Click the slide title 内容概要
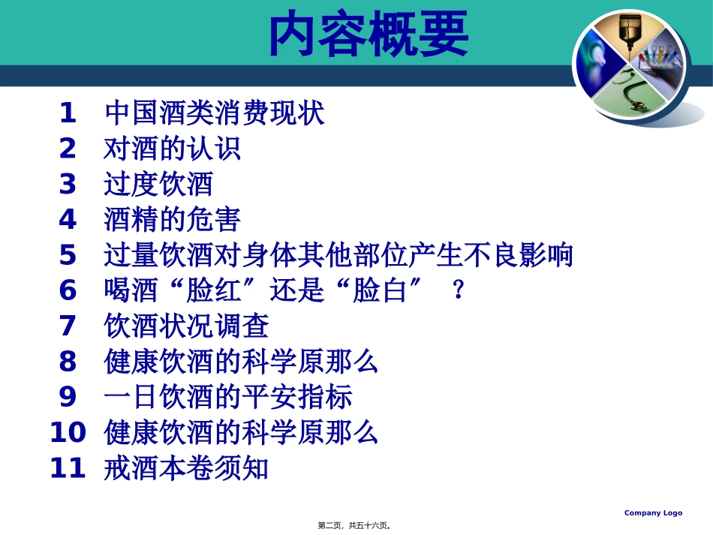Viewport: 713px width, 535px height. tap(369, 34)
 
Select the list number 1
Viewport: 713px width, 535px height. tap(68, 114)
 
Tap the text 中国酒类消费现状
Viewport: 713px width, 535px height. tap(215, 114)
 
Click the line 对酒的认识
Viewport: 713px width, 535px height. tap(172, 149)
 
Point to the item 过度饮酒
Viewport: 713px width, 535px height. tap(158, 185)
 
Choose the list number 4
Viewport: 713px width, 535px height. tap(68, 220)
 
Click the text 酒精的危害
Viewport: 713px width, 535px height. tap(172, 220)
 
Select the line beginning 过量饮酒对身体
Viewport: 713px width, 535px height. tap(338, 256)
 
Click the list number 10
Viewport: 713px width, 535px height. tap(68, 433)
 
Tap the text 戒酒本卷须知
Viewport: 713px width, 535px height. tap(186, 469)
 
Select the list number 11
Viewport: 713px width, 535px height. tap(68, 469)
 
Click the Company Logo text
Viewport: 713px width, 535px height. tap(653, 513)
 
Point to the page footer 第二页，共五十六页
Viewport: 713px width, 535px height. tap(355, 525)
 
